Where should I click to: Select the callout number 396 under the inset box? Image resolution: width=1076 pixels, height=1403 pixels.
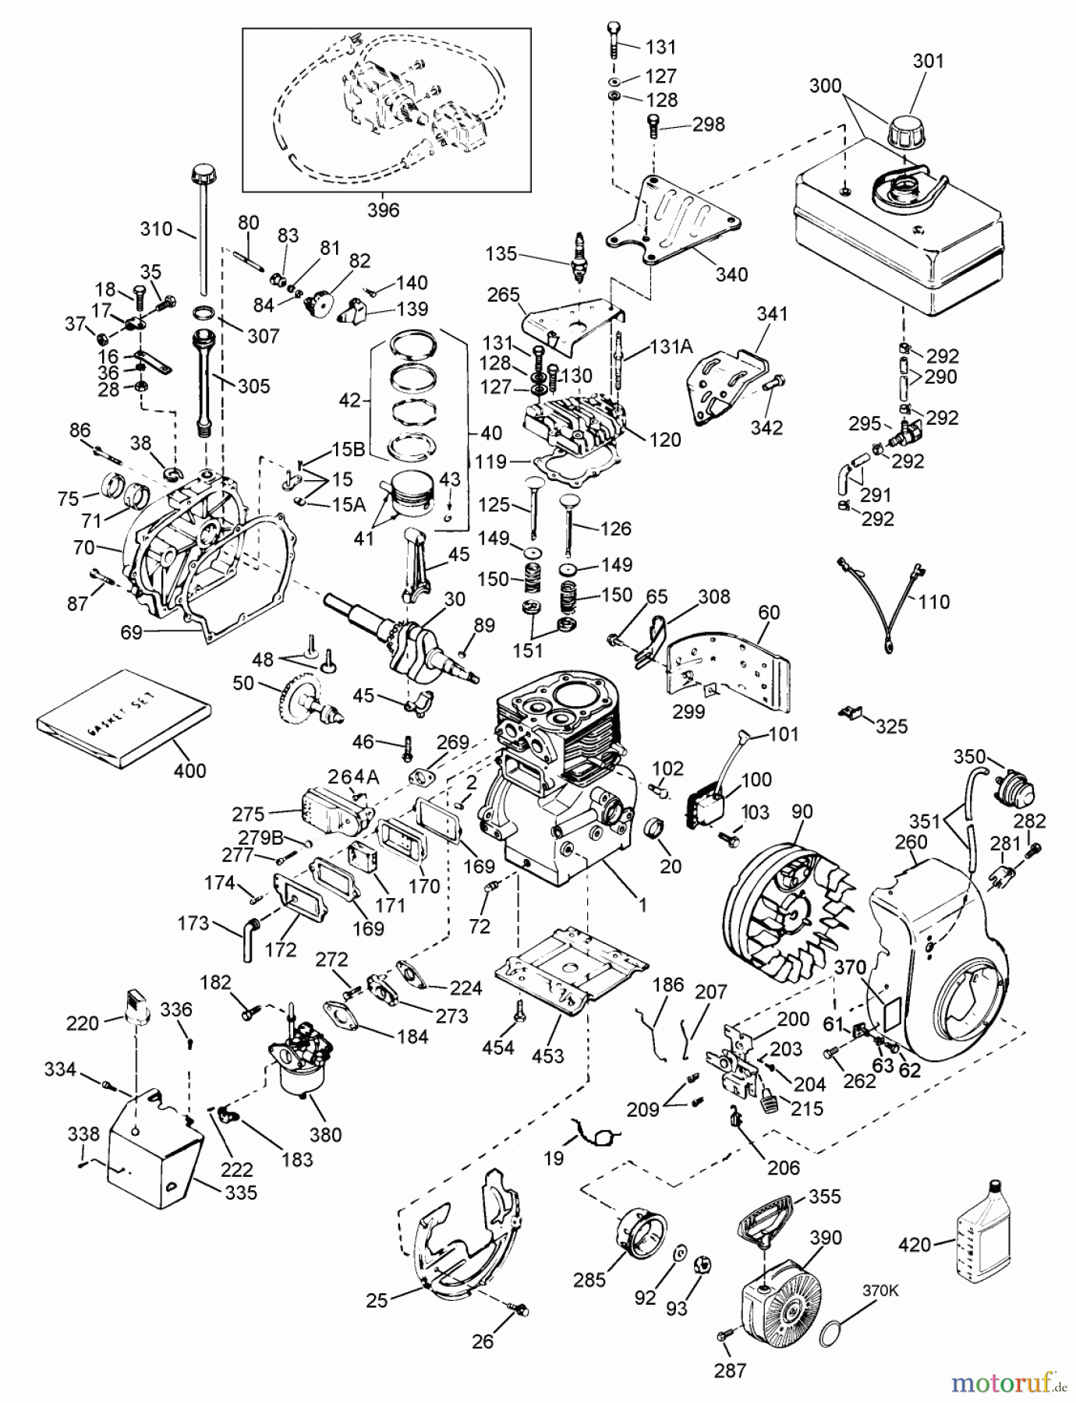pos(383,210)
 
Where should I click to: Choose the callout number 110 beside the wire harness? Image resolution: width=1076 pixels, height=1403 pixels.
pos(934,602)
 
